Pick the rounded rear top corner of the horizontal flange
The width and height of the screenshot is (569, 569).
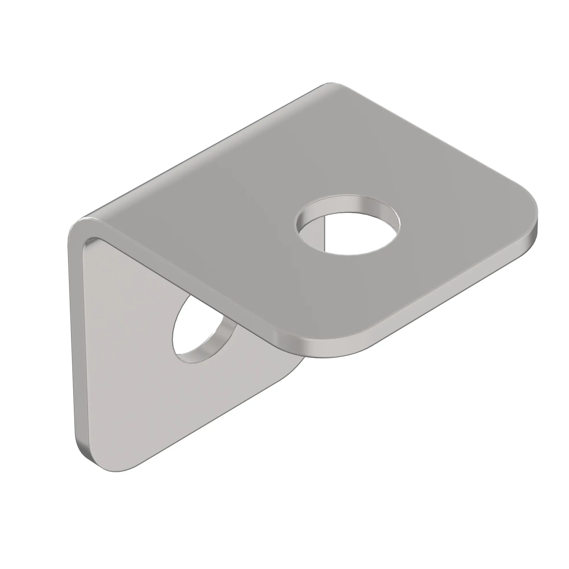(x=333, y=85)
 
